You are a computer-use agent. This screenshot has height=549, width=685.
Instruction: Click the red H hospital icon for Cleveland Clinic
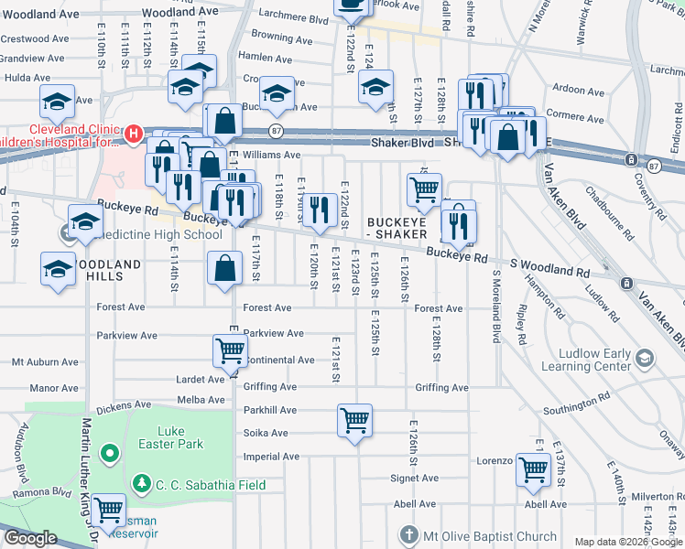click(x=134, y=135)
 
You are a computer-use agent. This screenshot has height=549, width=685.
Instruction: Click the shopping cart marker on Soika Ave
click(x=354, y=422)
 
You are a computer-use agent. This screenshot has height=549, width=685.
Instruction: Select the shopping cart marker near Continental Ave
click(x=230, y=350)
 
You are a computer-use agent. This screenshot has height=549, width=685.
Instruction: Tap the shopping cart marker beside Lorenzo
click(x=533, y=470)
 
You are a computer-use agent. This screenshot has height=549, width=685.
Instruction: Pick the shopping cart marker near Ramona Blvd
click(x=109, y=510)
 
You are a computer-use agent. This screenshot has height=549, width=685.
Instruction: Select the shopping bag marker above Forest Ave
click(x=224, y=269)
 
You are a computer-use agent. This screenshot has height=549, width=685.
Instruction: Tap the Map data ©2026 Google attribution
click(x=628, y=542)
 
